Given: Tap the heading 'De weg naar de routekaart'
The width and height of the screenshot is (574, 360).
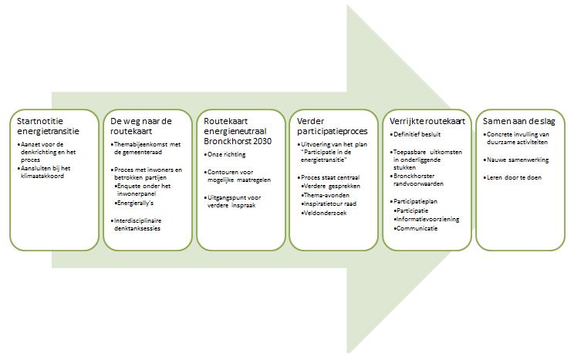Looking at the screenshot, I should coord(140,126).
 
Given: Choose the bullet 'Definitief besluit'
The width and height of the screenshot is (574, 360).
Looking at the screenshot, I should coord(415,134).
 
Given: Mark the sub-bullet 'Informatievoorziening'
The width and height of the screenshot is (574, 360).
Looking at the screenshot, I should coord(427,220).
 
